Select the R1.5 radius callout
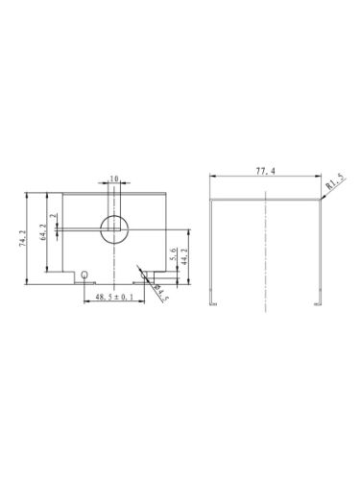[335, 180]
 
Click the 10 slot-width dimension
[113, 179]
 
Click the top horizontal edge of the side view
[264, 199]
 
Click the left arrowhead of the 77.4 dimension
[213, 176]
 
